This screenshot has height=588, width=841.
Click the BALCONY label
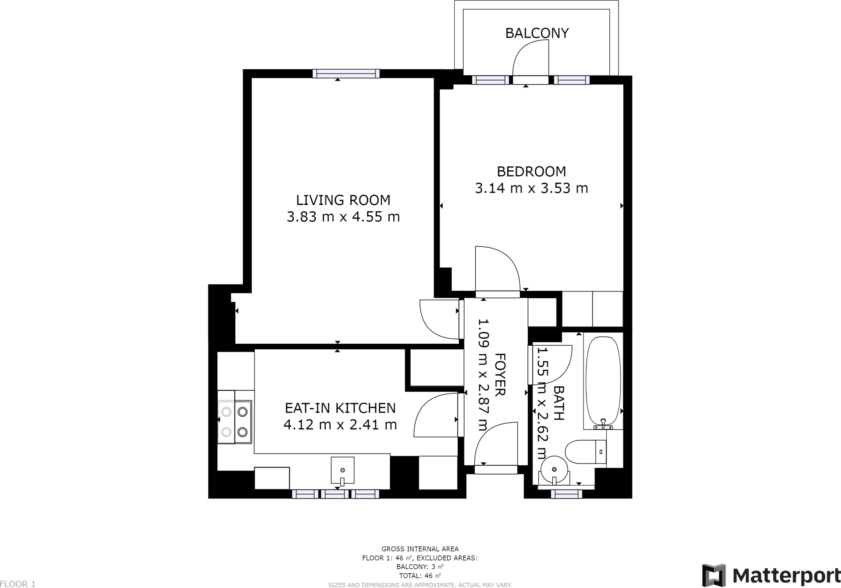536,33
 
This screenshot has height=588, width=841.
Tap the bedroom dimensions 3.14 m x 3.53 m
531,188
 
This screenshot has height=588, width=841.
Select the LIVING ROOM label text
343,200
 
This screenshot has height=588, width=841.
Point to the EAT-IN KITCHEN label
340,408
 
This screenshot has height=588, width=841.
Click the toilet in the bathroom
585,452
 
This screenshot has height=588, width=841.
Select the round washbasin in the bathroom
555,469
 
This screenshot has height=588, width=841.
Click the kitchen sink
342,470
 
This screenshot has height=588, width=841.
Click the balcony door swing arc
530,57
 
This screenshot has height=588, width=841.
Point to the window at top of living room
346,74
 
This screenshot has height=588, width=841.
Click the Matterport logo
771,576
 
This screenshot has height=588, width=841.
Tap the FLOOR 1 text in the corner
18,584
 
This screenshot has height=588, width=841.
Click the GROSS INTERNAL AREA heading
420,549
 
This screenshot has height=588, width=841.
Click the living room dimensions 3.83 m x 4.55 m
343,217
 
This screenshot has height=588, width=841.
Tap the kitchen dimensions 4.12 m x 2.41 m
340,425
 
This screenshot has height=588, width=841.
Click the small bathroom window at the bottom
566,494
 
